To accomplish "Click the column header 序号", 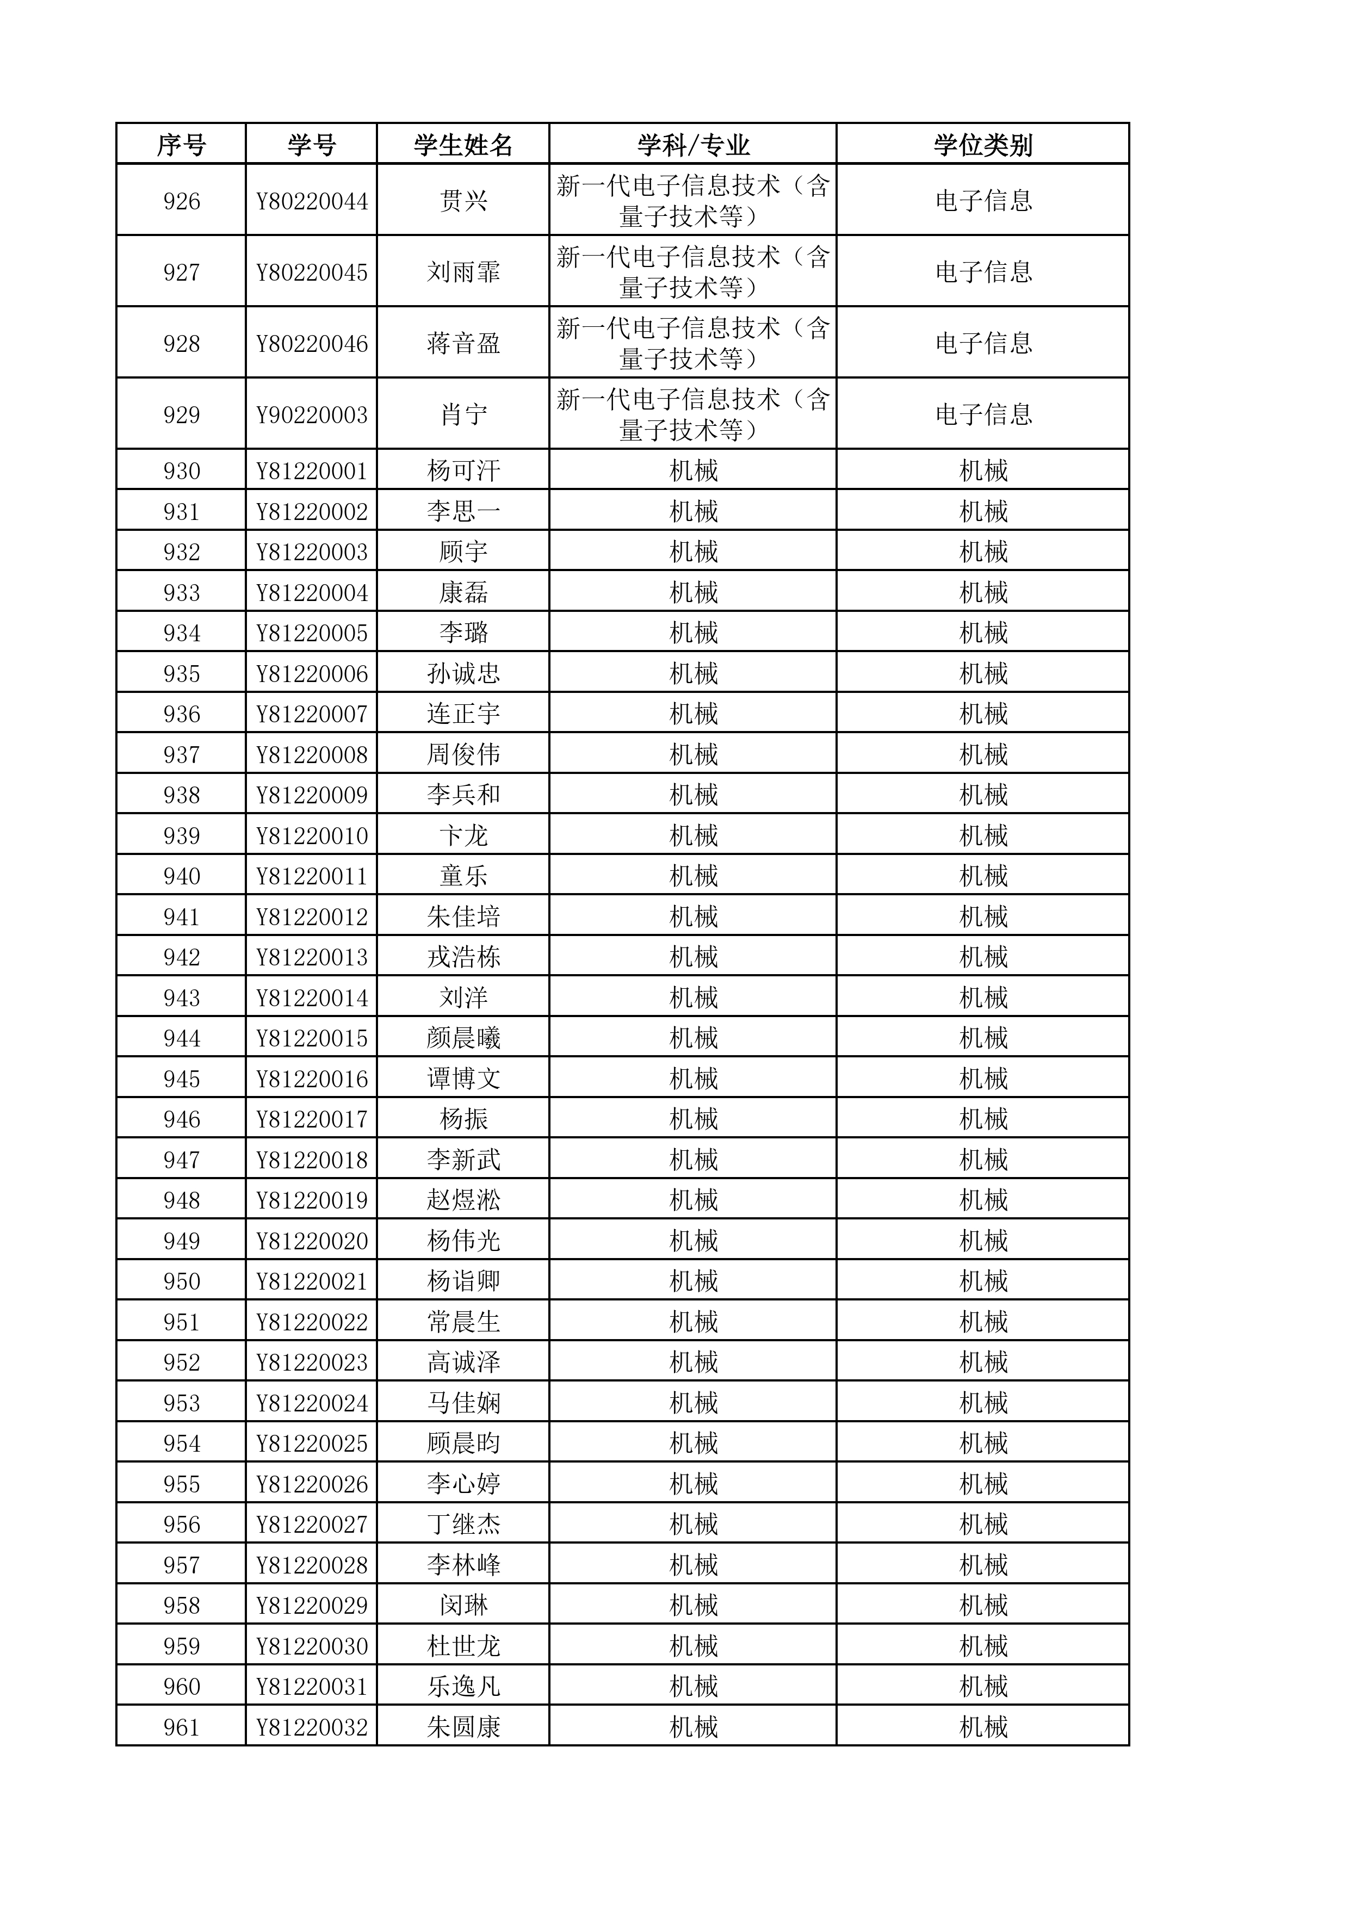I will [181, 145].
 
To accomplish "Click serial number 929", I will [181, 414].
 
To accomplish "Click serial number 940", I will [181, 876].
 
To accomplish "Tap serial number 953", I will [181, 1403].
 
